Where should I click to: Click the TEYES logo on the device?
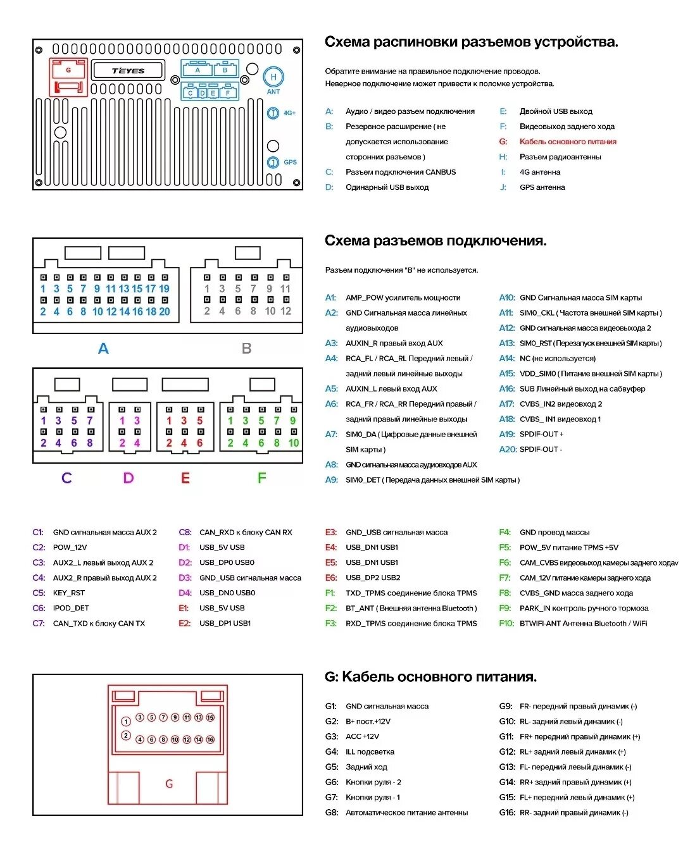[128, 71]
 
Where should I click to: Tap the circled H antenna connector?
[273, 77]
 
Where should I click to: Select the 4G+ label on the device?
[289, 113]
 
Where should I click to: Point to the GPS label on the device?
[290, 163]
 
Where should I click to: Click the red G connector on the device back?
[68, 77]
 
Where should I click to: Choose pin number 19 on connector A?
[164, 288]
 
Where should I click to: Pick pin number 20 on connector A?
[165, 311]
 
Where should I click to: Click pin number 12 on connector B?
[286, 311]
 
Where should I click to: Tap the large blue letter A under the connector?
[103, 349]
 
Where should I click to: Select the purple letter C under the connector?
[66, 478]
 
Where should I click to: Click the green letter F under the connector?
[261, 478]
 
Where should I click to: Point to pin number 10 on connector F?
[294, 443]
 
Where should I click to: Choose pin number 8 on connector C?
[90, 443]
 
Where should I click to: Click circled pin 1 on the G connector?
[126, 722]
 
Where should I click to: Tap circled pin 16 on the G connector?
[210, 739]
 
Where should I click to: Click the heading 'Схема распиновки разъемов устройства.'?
[471, 42]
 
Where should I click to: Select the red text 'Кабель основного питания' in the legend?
[568, 142]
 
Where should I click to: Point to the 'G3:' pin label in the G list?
[332, 737]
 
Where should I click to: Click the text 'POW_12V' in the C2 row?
[70, 548]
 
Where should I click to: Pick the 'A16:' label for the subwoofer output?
[507, 389]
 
